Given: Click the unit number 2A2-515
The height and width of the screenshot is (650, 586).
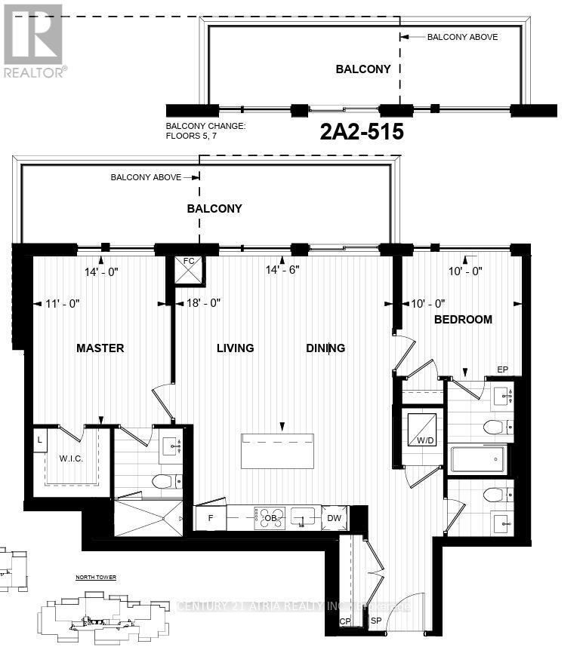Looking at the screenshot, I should pos(362,133).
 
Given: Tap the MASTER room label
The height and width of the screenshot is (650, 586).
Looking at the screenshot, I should pos(100,348).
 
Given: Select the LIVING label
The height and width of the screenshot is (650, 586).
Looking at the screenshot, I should pos(236,348).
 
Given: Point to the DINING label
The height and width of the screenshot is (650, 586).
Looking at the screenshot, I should pos(325,348).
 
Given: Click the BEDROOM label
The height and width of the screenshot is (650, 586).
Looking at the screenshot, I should pos(463,319).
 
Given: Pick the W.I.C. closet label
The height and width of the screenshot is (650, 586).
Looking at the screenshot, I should pos(72,458).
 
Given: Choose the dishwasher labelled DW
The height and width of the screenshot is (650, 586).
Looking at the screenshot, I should pos(334,518).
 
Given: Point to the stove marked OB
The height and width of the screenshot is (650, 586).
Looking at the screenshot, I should pos(269,518).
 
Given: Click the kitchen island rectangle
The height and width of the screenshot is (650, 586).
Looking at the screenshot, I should pos(277,451).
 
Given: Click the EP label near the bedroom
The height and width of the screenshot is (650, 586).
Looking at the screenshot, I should pos(502,369).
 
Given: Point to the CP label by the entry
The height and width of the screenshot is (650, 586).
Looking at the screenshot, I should pos(346,622).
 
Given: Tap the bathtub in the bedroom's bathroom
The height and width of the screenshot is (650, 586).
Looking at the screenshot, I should pos(477,459).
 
